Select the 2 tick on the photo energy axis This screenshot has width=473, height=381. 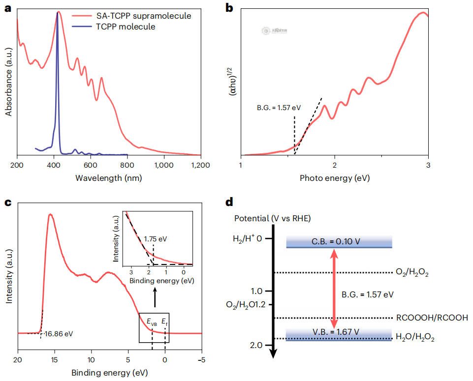pos(335,166)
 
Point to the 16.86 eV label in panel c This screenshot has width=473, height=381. pos(58,334)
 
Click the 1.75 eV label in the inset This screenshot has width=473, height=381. pos(156,239)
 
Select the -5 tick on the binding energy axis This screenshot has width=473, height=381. pos(201,359)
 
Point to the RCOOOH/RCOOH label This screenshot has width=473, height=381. pos(432,318)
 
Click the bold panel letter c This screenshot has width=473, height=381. pos(8,203)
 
